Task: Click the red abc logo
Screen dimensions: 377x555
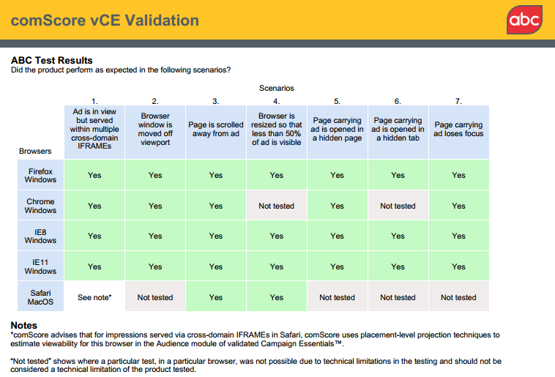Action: point(524,20)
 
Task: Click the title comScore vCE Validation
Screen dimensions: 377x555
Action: point(105,20)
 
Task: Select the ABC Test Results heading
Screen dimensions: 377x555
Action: point(52,60)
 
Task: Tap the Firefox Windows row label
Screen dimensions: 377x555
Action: point(40,175)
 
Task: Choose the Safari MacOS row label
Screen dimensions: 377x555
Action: point(40,297)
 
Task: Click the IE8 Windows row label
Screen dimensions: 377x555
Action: point(40,236)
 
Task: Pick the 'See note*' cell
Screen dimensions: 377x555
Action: point(94,297)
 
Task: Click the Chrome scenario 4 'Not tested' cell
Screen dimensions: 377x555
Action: point(276,206)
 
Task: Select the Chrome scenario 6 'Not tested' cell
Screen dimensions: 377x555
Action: point(398,206)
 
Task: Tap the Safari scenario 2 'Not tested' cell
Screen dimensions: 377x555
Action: point(155,297)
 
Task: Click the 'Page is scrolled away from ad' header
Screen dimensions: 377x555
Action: point(215,130)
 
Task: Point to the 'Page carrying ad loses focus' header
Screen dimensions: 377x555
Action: point(458,130)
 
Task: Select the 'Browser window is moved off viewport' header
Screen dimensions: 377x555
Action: point(155,130)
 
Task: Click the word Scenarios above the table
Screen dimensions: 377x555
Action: point(276,88)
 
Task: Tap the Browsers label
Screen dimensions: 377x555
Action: point(35,152)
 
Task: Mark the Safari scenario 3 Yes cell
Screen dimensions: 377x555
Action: point(215,297)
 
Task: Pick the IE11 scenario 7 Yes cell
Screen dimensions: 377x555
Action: point(458,266)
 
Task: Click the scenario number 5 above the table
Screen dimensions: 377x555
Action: point(337,101)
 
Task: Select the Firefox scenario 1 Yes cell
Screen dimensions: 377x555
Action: point(94,175)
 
